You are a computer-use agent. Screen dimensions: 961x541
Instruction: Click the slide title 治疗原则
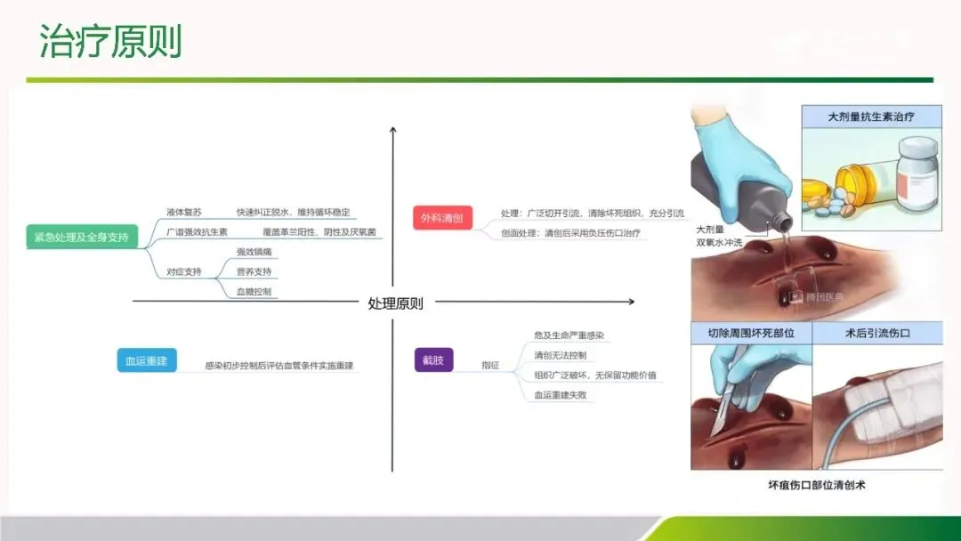point(111,42)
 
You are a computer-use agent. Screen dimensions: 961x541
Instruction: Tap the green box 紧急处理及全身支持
point(82,238)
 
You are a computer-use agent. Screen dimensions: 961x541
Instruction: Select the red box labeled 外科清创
point(442,218)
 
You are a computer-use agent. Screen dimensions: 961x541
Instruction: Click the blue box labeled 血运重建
point(147,360)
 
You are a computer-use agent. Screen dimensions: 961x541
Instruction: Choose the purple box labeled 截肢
point(433,360)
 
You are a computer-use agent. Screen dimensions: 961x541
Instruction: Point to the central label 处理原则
point(395,303)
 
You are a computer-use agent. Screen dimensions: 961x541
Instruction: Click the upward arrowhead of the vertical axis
point(392,131)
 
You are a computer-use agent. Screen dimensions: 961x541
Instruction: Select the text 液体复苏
point(184,213)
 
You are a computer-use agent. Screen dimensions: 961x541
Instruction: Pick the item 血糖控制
point(254,291)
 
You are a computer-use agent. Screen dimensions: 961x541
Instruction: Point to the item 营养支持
point(254,271)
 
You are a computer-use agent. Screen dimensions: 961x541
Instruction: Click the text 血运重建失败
point(560,394)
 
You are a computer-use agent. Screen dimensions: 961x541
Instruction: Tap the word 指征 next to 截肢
point(490,365)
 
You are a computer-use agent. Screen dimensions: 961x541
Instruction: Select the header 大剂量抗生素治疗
point(871,117)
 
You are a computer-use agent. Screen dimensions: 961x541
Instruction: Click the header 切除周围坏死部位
point(751,334)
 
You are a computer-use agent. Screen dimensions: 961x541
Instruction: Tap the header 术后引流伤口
point(878,334)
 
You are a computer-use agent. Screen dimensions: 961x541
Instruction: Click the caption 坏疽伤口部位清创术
point(816,485)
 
